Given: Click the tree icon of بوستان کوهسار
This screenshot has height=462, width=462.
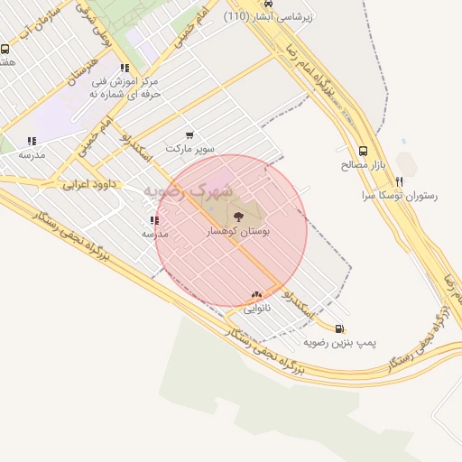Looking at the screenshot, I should (238, 216).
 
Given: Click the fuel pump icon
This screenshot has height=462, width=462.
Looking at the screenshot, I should (339, 329).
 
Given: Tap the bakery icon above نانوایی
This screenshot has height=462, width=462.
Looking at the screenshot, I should (256, 294).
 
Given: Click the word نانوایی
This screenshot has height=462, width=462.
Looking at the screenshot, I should (256, 309).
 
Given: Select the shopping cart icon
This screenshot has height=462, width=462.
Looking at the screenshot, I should (189, 134).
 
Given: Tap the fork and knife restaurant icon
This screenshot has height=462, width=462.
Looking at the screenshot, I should (399, 181).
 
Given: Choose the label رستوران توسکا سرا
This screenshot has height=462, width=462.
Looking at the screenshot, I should (399, 195).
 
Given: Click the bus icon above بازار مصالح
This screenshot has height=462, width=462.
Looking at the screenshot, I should (363, 152).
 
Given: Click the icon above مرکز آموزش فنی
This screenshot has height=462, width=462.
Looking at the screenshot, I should (124, 68).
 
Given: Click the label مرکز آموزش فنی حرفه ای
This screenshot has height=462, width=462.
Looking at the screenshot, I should (126, 88).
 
